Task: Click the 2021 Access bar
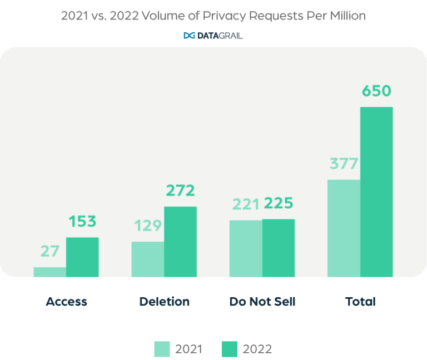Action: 50,272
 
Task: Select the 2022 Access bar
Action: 82,257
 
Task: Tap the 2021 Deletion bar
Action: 148,259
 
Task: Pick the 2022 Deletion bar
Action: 180,242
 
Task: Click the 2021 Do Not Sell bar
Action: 246,248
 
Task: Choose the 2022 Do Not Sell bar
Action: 279,248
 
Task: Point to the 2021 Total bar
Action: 344,228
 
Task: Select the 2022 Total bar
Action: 376,192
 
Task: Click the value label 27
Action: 50,251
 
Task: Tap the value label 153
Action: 82,222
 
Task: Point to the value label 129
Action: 147,226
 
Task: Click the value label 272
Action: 180,191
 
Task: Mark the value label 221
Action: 245,204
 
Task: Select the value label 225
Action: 279,203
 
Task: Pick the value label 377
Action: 344,164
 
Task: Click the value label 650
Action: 376,91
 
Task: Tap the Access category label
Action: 66,302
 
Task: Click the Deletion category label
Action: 164,302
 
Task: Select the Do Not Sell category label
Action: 262,302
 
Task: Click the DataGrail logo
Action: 213,36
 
